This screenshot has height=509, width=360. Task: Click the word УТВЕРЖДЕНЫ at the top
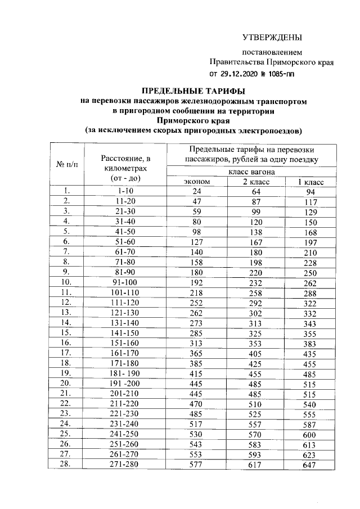[272, 38]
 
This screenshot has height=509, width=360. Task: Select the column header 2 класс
[256, 182]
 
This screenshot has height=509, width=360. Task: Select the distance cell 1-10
[125, 191]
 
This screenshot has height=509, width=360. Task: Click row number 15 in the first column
[66, 333]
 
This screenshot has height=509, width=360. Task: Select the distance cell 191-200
[125, 384]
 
